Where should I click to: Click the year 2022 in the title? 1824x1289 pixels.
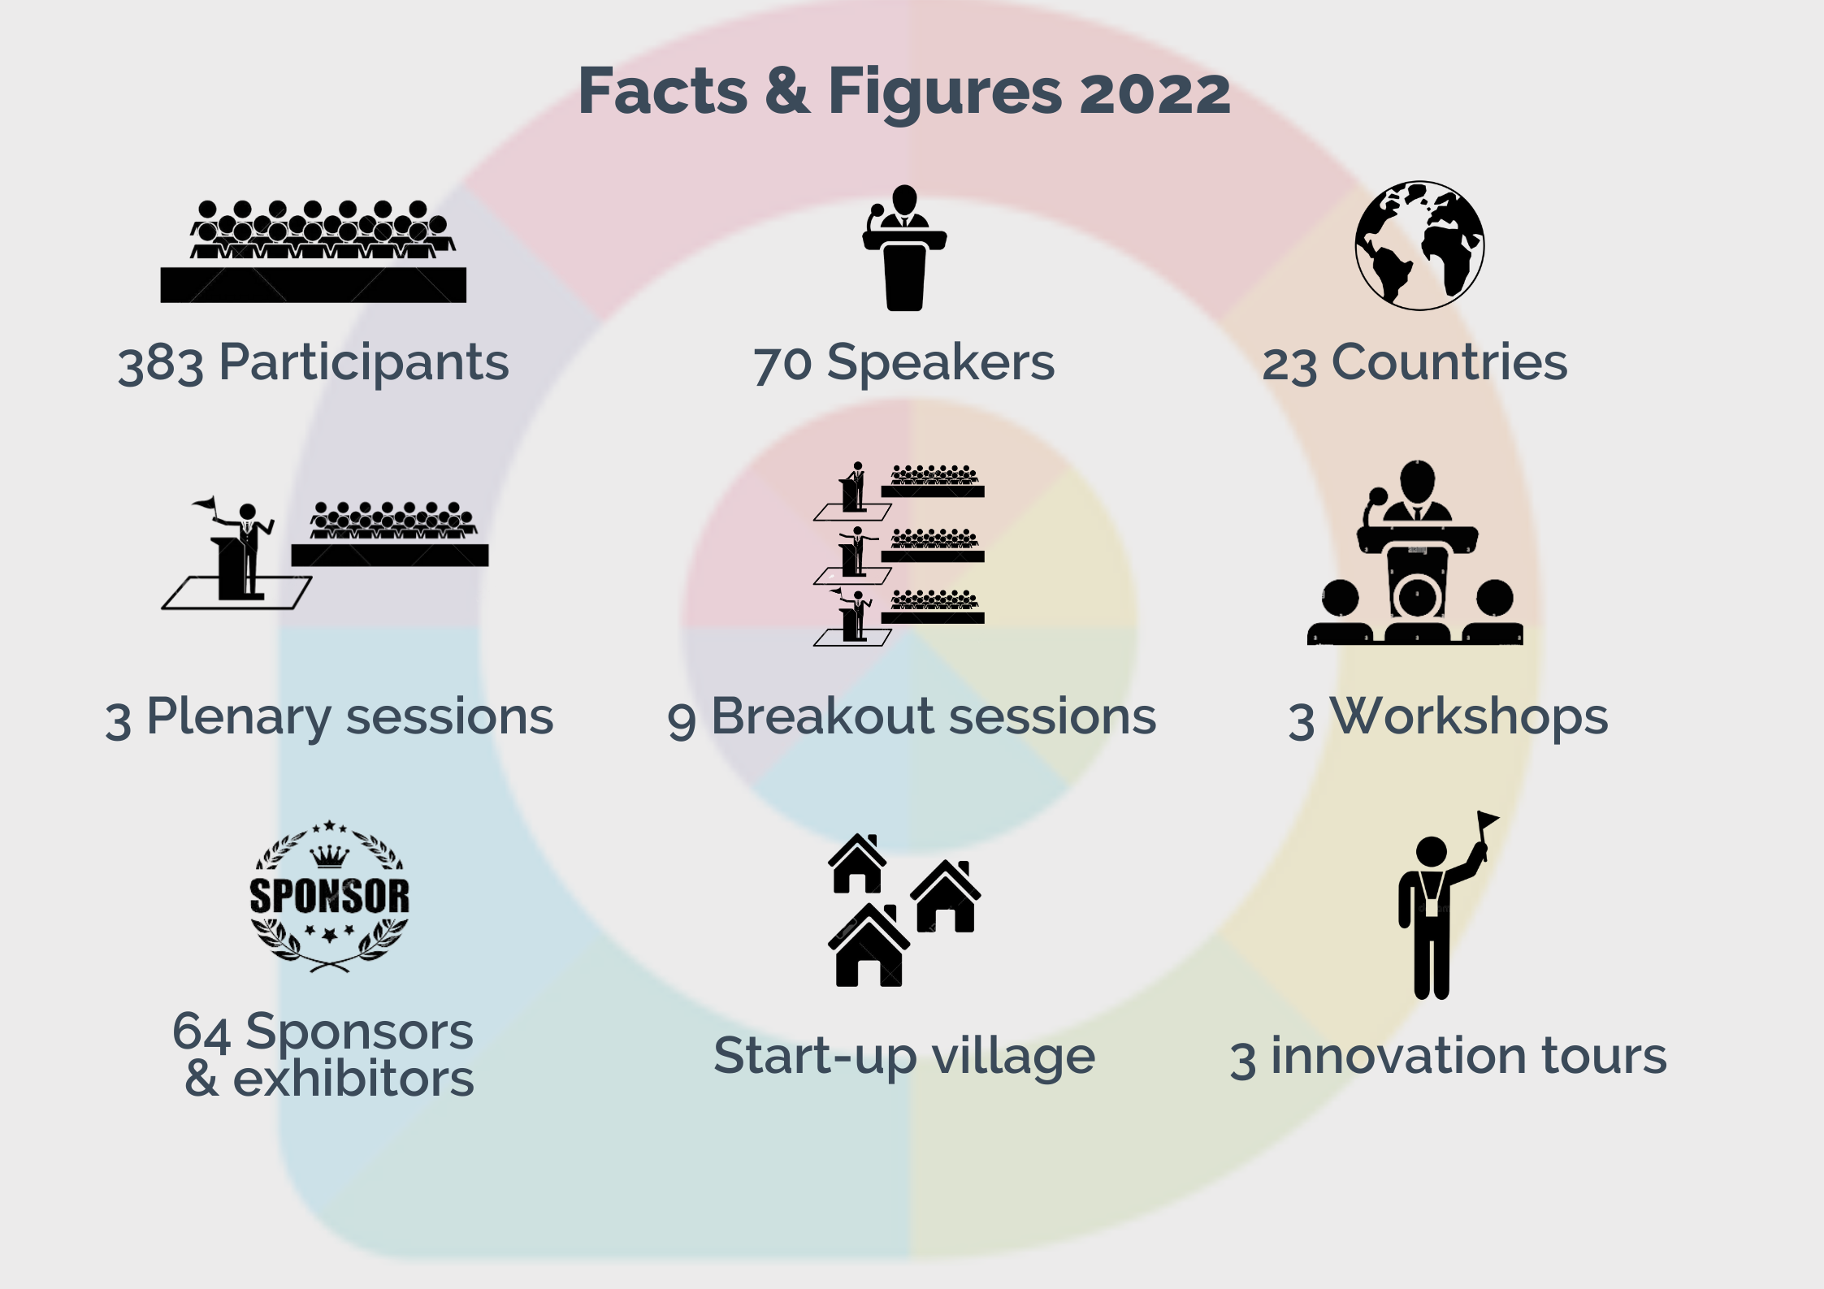1155,93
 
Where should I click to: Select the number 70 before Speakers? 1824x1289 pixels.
782,364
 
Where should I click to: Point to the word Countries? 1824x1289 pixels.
1449,362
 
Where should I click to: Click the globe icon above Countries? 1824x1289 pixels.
1419,245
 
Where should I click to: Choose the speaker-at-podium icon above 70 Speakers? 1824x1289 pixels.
904,248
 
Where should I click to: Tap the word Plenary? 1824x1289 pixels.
238,719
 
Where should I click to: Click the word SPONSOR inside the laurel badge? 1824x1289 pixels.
330,896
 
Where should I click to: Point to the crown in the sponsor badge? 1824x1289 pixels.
330,857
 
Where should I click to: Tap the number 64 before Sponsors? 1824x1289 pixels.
202,1032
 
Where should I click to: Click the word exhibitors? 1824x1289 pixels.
353,1079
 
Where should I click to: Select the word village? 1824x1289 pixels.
1013,1058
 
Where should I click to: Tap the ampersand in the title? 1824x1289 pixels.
787,91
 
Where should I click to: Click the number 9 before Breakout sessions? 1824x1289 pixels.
682,720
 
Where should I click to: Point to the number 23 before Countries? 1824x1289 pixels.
1289,365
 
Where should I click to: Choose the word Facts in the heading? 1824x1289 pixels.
662,91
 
